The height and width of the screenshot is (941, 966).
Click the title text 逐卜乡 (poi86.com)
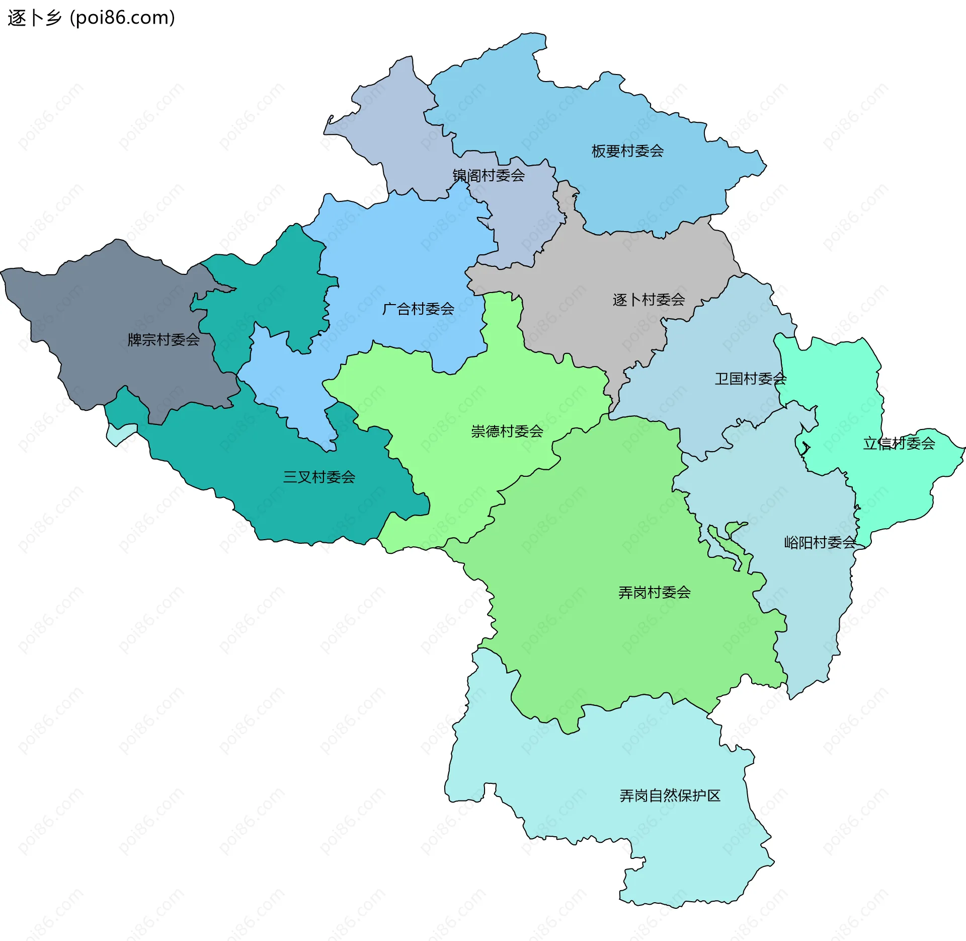point(91,18)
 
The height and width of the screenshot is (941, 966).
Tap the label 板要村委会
point(627,151)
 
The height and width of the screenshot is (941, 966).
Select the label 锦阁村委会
point(489,175)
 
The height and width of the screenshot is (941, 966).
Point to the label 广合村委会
point(418,309)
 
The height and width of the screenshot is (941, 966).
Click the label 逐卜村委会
point(649,300)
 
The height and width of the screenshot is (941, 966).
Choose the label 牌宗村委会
point(164,340)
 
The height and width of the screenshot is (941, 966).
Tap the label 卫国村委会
point(750,379)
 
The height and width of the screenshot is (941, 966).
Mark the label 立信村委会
point(899,444)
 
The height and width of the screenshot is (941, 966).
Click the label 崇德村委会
point(507,431)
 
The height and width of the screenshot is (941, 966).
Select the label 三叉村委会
point(319,477)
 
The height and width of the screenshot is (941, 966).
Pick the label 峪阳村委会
point(820,542)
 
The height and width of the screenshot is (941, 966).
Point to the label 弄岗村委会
point(654,593)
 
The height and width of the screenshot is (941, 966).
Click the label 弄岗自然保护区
point(670,795)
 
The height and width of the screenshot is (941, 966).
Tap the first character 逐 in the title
point(16,18)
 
